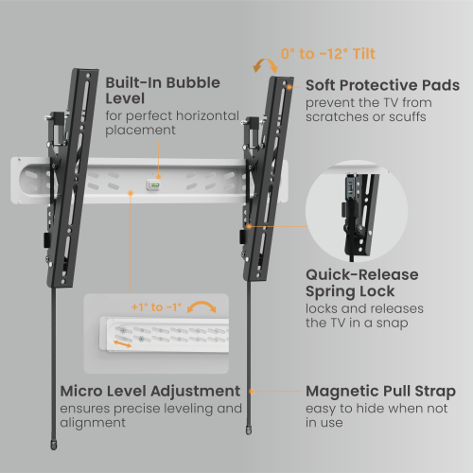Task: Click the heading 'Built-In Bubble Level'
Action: coord(163,91)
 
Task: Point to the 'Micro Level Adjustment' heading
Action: coord(149,390)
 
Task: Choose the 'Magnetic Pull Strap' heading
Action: coord(380,390)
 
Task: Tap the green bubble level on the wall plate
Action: coord(151,186)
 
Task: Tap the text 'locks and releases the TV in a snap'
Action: coord(363,317)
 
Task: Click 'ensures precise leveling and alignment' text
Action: coord(149,416)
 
